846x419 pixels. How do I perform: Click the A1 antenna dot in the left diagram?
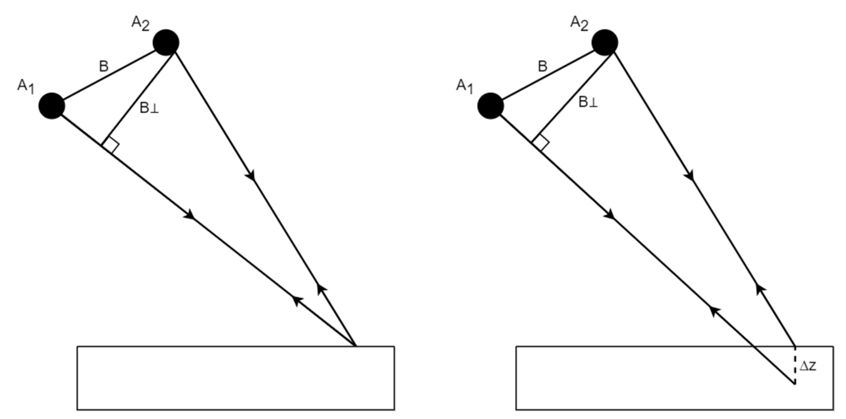(52, 106)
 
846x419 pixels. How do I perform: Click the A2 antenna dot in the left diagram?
(166, 43)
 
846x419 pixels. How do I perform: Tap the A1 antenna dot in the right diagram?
(491, 106)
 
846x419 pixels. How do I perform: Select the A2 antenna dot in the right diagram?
(605, 43)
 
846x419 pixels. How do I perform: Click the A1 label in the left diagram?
(26, 86)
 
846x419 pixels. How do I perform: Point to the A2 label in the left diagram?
(140, 24)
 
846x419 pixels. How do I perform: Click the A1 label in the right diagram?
(464, 86)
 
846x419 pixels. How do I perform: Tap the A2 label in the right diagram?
(579, 24)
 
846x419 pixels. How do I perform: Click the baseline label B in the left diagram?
(104, 67)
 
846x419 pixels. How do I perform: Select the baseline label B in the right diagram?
(543, 67)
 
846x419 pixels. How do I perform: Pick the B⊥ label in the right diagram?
(588, 102)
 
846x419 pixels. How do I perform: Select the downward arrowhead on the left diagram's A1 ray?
(190, 215)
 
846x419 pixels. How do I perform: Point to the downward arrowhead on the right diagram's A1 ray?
(610, 215)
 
